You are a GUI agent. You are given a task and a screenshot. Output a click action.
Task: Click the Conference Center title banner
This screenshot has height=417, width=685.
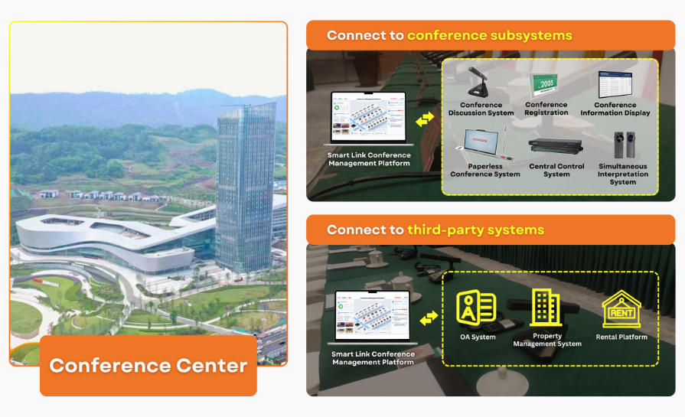coord(148,365)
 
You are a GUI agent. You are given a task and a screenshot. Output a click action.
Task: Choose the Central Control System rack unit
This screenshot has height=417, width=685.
coord(556,146)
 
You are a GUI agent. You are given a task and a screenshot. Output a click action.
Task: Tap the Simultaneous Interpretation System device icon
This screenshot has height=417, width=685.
coord(623,146)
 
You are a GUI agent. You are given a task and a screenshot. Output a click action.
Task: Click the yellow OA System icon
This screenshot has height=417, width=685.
coord(476,308)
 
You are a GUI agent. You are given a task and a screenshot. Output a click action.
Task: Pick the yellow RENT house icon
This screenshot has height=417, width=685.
coord(621,309)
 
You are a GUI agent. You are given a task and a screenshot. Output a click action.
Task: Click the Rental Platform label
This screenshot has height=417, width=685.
coord(621,337)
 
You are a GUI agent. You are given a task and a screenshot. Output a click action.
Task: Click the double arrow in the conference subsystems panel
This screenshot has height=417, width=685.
coord(425,118)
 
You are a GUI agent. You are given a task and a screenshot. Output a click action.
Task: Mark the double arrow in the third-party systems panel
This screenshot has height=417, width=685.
coord(429,317)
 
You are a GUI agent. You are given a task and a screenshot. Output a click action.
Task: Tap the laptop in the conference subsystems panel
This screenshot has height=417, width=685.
coord(367,119)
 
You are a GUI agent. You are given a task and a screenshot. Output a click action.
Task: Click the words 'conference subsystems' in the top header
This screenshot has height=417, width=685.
coord(489,35)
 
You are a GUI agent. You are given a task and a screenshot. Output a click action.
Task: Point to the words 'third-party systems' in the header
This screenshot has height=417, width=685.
coord(475,230)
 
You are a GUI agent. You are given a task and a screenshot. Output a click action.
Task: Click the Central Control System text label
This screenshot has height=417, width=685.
coord(556,170)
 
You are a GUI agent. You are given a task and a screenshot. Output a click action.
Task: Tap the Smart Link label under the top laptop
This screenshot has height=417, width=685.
coord(368,159)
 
